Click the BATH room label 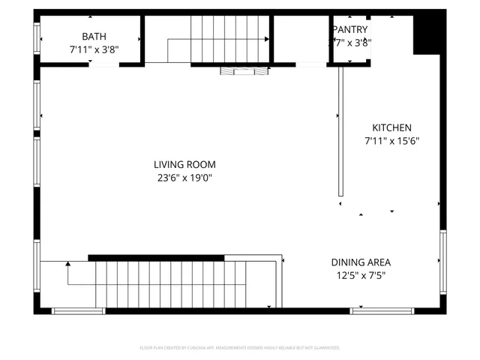94,36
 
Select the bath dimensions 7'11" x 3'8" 94,49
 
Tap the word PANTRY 349,29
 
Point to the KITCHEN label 391,128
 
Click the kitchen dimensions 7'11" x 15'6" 391,141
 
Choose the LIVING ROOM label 184,165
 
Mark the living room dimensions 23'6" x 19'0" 184,178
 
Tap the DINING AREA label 361,262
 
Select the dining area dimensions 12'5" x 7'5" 361,275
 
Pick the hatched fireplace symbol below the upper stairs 244,70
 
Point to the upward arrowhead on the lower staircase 68,264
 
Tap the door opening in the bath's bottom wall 103,65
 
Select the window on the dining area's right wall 442,262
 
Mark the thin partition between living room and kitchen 340,132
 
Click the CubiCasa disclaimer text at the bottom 240,348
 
